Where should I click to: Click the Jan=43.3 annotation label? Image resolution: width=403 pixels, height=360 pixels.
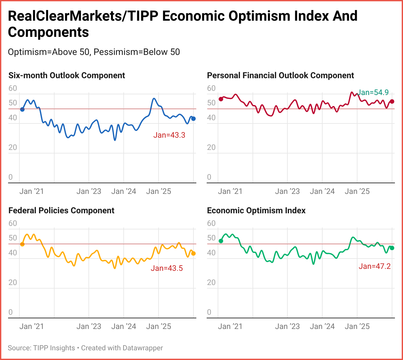pyautogui.click(x=169, y=135)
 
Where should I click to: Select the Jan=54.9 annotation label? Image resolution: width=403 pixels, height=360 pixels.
pyautogui.click(x=373, y=93)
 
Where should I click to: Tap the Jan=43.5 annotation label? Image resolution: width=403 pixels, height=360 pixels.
pyautogui.click(x=167, y=268)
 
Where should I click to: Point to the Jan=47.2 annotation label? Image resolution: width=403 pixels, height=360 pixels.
pyautogui.click(x=375, y=266)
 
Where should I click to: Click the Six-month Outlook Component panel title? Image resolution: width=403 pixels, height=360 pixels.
pyautogui.click(x=67, y=76)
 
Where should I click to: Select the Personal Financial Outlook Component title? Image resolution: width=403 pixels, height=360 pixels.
pyautogui.click(x=280, y=76)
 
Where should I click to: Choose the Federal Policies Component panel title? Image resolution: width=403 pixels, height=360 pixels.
pyautogui.click(x=61, y=211)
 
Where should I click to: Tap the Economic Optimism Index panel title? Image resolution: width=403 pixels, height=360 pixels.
pyautogui.click(x=256, y=211)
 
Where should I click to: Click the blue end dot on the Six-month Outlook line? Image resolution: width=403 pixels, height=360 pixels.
pyautogui.click(x=193, y=119)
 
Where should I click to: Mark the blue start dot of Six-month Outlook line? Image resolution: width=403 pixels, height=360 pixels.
pyautogui.click(x=22, y=110)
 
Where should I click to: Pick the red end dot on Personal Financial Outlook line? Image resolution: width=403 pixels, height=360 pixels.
pyautogui.click(x=392, y=101)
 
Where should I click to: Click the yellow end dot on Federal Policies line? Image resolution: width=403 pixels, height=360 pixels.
pyautogui.click(x=193, y=254)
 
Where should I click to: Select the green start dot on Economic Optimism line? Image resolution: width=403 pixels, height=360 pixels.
pyautogui.click(x=221, y=241)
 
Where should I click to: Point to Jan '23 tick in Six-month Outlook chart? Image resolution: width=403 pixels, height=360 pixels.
pyautogui.click(x=89, y=191)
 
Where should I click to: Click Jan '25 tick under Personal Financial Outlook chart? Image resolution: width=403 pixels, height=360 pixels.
pyautogui.click(x=357, y=191)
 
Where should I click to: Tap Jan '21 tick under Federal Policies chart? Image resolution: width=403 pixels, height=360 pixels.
pyautogui.click(x=31, y=326)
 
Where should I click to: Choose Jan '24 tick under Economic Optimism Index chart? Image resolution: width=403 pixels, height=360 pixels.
pyautogui.click(x=322, y=326)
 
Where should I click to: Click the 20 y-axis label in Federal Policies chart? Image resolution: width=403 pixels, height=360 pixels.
pyautogui.click(x=13, y=282)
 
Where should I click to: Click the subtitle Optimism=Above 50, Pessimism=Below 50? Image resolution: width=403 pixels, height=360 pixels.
pyautogui.click(x=94, y=52)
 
